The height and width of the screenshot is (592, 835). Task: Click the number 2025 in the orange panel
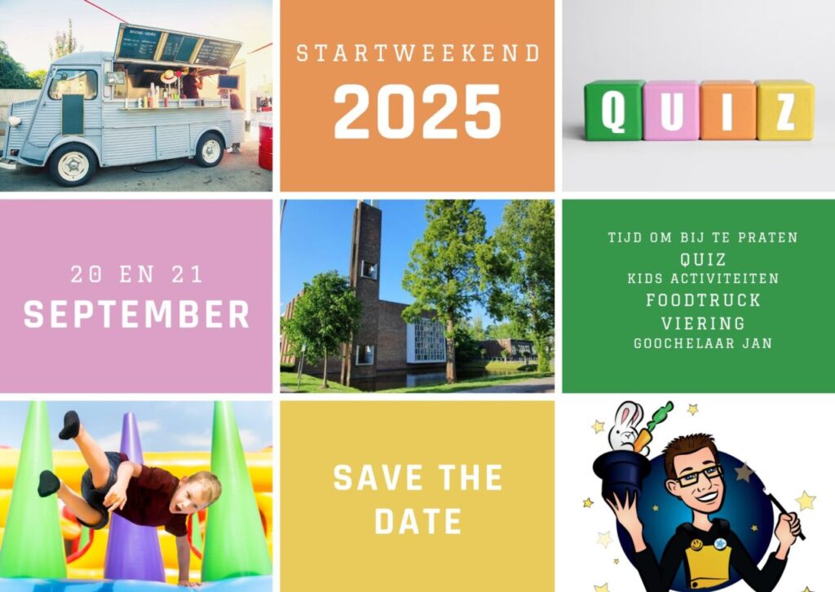click(417, 112)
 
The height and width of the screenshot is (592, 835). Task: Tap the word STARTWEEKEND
click(418, 54)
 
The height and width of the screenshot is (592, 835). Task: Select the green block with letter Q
click(614, 110)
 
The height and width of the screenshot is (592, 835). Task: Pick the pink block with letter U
click(672, 111)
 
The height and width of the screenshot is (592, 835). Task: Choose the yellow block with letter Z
click(785, 110)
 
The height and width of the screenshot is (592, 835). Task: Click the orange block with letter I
click(728, 111)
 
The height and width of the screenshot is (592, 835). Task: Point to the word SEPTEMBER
click(136, 314)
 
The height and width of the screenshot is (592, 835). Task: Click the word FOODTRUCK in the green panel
click(703, 300)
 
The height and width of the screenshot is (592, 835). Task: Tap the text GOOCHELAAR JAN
click(703, 343)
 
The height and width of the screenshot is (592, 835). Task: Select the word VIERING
click(703, 323)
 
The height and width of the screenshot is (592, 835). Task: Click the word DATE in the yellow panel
click(418, 521)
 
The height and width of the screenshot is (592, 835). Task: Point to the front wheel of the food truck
click(73, 165)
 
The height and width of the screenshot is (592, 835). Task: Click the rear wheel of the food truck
click(210, 150)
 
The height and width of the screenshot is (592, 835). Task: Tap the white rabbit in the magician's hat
click(626, 426)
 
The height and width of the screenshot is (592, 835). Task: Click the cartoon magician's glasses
click(699, 475)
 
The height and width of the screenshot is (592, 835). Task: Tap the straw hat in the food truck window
click(169, 77)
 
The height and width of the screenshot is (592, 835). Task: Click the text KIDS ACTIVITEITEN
click(703, 279)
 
